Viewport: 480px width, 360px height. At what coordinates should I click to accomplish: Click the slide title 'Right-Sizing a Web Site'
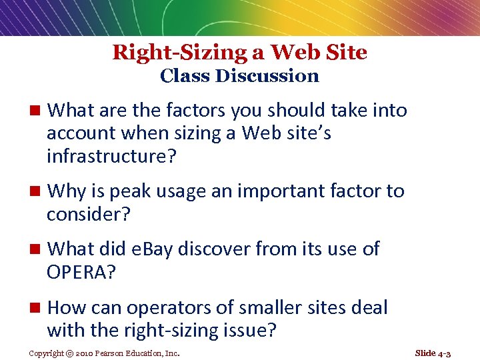coord(239,52)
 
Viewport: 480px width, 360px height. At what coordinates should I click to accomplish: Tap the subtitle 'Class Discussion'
coord(239,76)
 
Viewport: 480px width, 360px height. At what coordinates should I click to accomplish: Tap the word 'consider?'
coord(88,215)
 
